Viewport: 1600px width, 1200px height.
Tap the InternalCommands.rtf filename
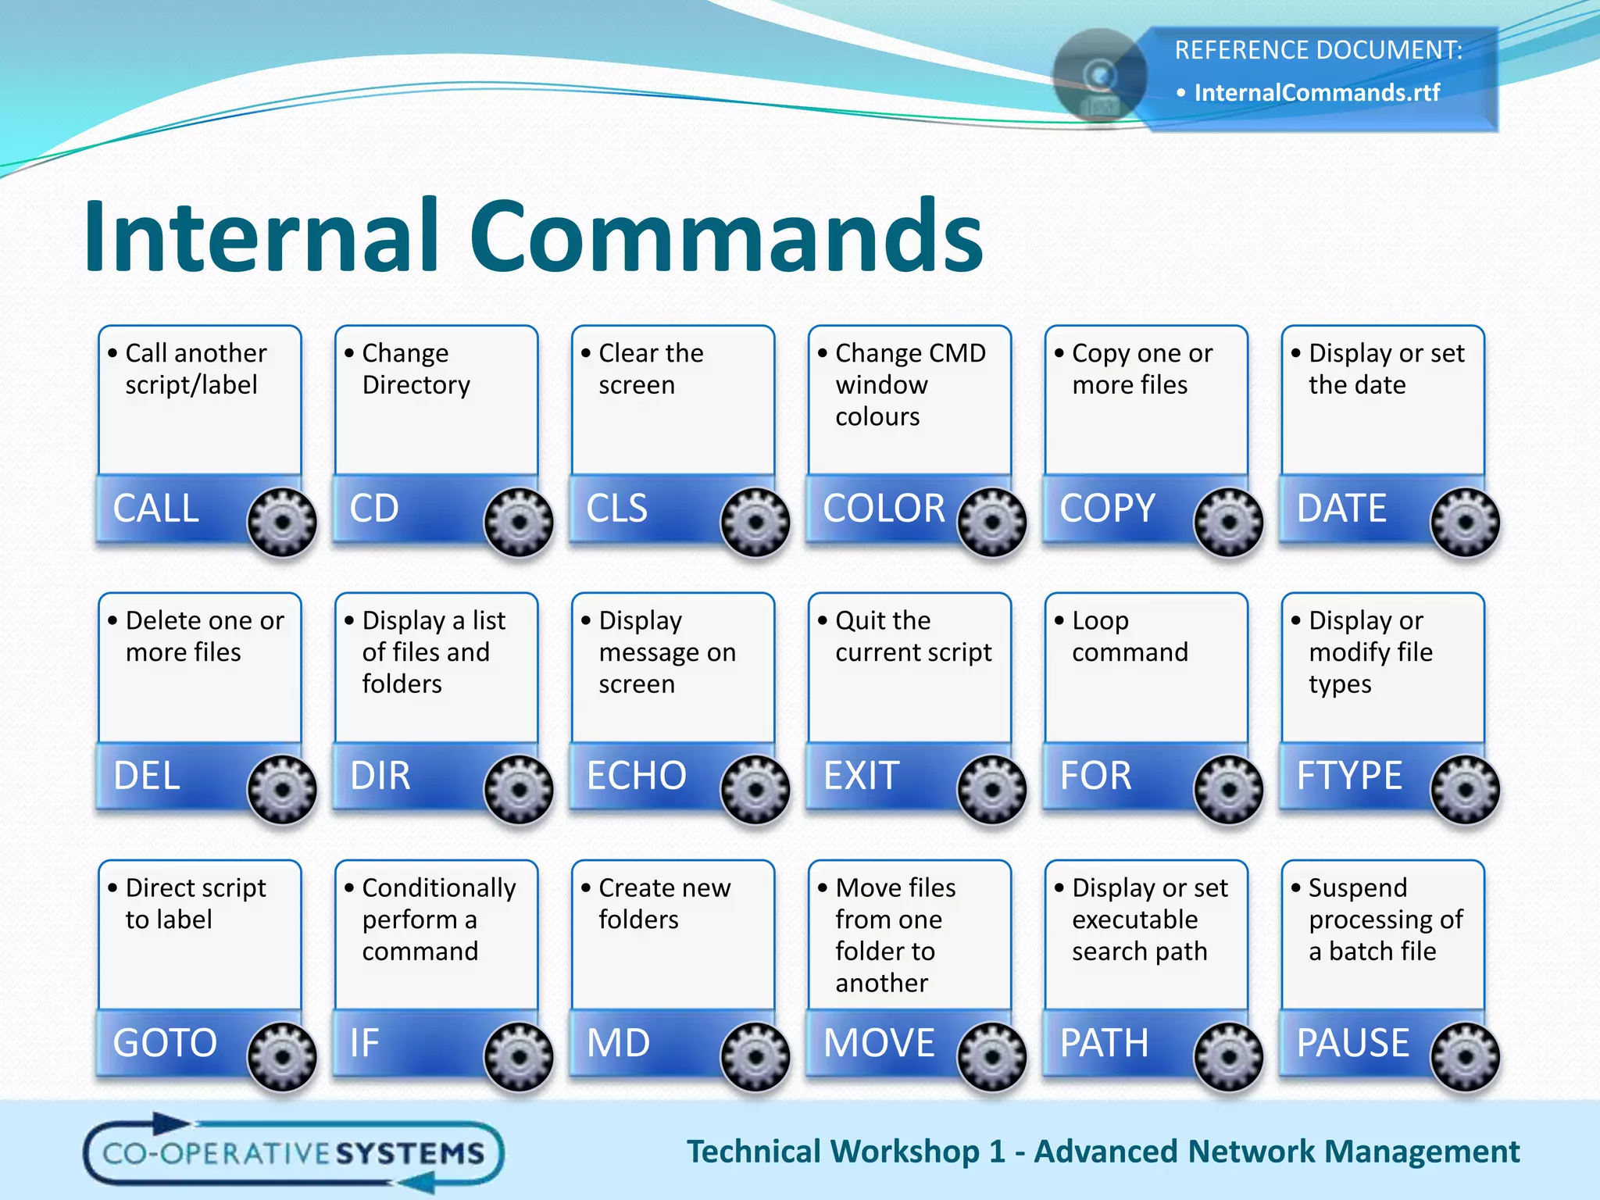[1316, 93]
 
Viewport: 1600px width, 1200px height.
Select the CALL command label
[156, 508]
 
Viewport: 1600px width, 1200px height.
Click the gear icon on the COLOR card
[991, 522]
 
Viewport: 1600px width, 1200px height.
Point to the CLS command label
[616, 508]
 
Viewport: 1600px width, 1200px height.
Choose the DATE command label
[1341, 508]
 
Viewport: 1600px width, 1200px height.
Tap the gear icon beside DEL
[282, 789]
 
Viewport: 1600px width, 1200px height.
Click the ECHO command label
[636, 776]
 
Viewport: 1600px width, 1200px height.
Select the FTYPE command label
[1349, 776]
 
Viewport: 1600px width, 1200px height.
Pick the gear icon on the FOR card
[1228, 789]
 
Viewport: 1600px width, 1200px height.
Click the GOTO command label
[165, 1043]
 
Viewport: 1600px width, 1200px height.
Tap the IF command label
[364, 1043]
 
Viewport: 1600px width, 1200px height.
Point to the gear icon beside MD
[755, 1056]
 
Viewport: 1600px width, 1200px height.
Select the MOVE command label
[879, 1043]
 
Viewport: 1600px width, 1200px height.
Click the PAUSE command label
[1353, 1043]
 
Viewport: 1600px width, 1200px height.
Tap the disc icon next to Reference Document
[1100, 77]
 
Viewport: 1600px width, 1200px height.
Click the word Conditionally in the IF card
[439, 888]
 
